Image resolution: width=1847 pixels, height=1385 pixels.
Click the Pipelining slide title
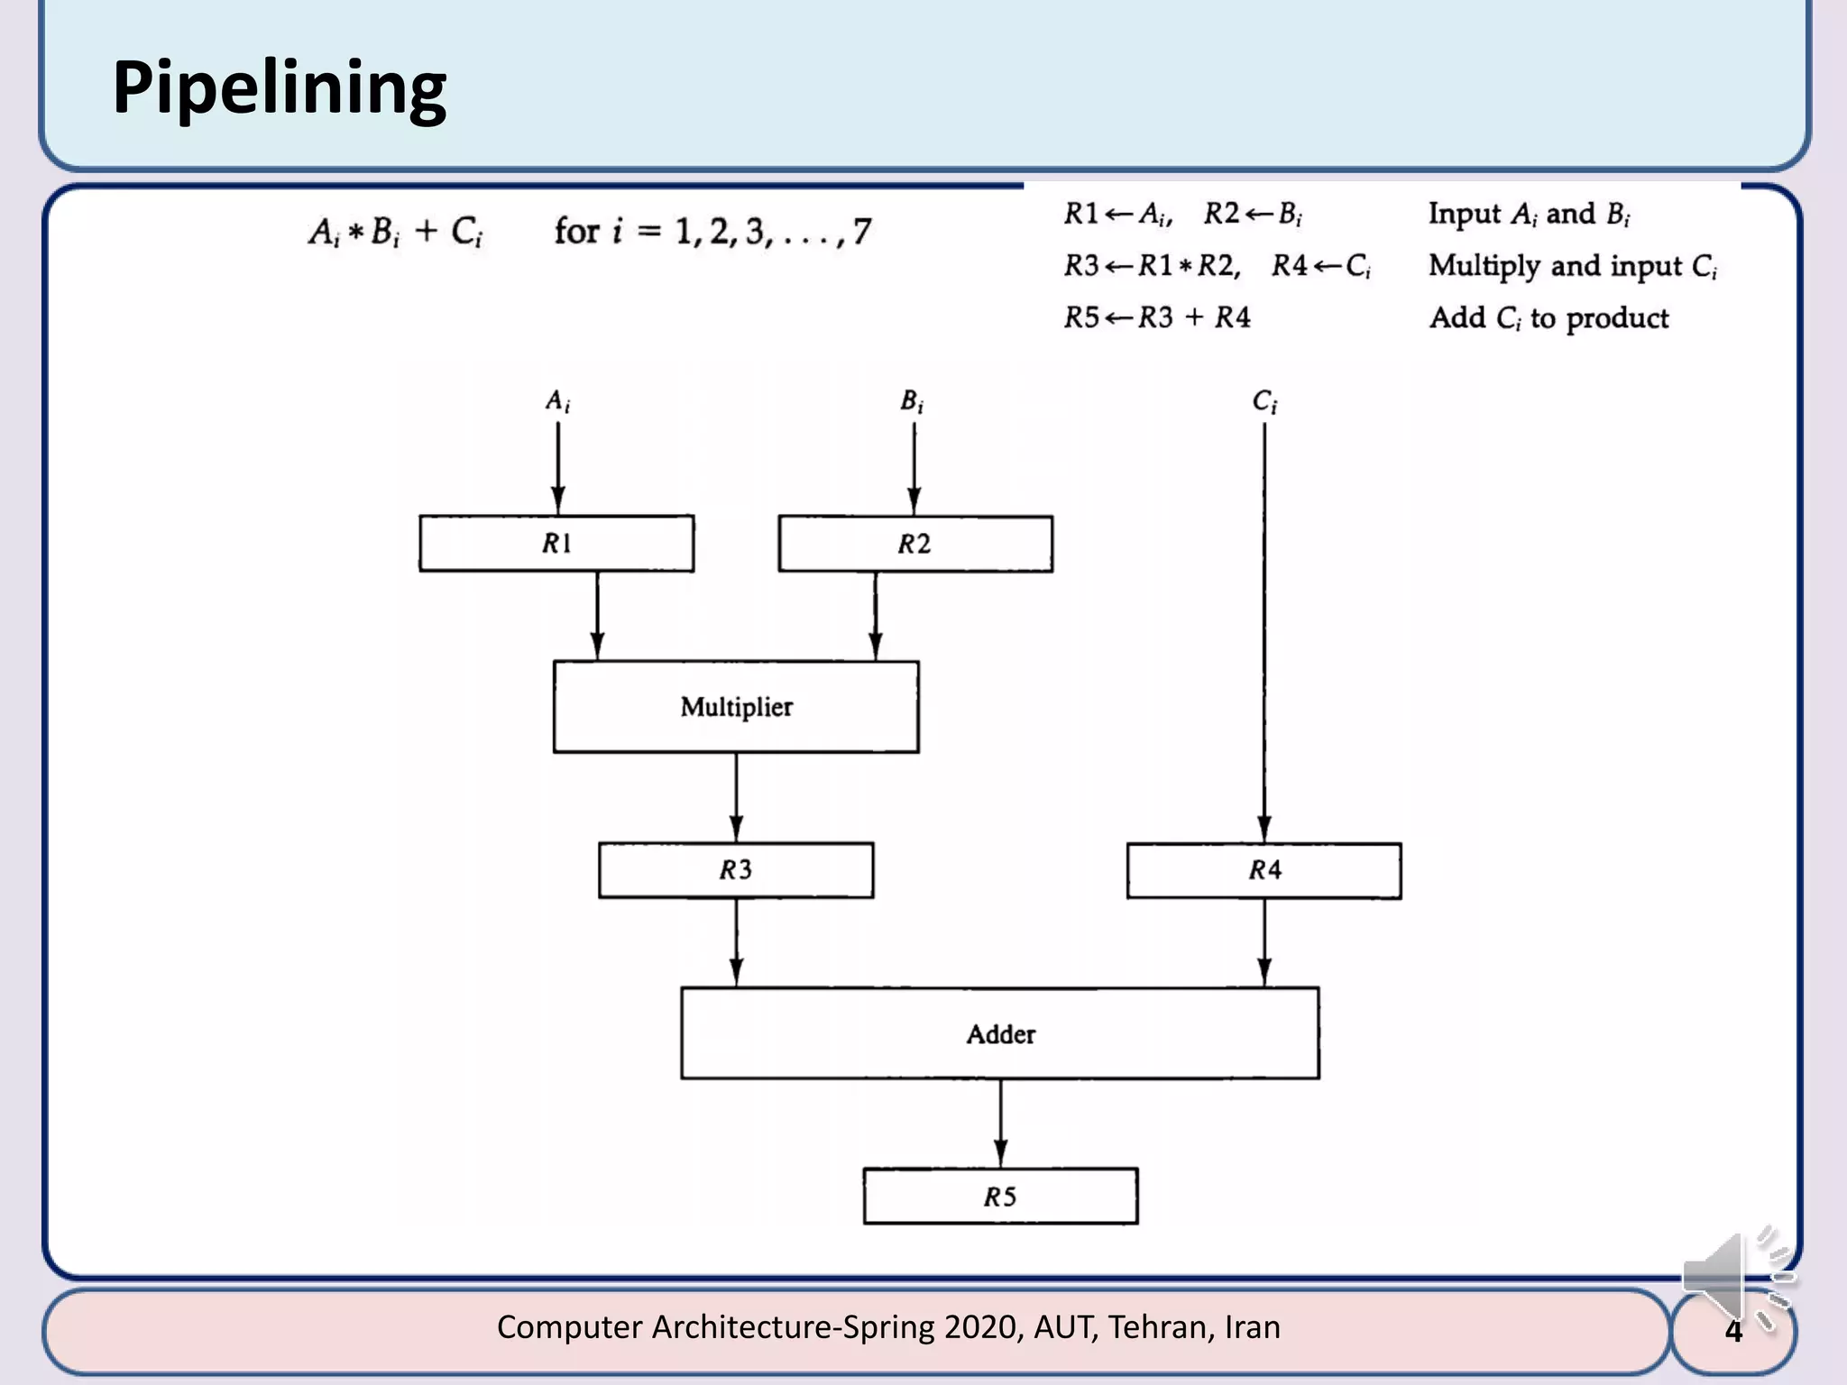pos(279,88)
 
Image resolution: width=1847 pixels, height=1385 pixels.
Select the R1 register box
pos(556,544)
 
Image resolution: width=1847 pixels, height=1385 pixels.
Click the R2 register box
pos(915,544)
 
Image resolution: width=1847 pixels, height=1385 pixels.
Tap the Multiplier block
pos(736,707)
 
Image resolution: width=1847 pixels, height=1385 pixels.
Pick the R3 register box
pos(736,870)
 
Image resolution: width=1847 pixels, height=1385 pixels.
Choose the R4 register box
pos(1263,870)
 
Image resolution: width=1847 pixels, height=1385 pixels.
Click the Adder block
pos(1000,1033)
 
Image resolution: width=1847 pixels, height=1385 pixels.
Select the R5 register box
pos(1000,1197)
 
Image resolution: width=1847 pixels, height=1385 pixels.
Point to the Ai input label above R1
pos(557,401)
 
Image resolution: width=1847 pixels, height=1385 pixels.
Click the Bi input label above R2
pos(912,401)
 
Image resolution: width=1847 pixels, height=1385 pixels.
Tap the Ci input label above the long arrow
pos(1264,401)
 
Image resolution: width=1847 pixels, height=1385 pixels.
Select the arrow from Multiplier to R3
pos(736,798)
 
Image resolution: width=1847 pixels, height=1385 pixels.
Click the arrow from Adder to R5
pos(1000,1124)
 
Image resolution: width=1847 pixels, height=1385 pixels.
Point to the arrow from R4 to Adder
pos(1264,943)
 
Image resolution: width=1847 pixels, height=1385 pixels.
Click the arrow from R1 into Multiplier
pos(597,617)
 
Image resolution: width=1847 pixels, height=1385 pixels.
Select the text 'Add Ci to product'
pos(1548,318)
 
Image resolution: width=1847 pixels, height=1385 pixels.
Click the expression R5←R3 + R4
pos(1157,317)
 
